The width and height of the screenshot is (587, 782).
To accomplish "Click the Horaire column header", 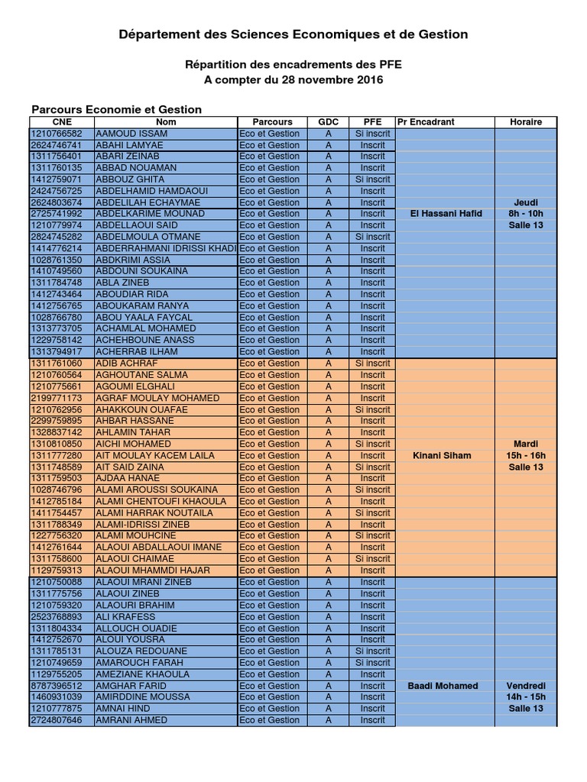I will coord(525,122).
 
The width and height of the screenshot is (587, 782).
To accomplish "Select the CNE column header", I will coord(61,122).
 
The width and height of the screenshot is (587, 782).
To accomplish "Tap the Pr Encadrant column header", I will coord(426,122).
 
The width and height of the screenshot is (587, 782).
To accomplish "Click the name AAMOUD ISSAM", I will coord(131,134).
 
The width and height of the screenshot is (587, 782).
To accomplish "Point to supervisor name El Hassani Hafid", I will coord(446,214).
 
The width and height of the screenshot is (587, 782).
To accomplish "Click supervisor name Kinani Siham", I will coord(442,456).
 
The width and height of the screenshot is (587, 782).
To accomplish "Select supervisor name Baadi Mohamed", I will coord(444,686).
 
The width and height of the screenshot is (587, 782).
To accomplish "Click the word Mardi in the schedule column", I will coord(525,444).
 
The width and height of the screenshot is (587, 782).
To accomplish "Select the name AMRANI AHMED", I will coord(131,720).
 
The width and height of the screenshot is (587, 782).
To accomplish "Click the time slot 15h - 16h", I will coord(525,456).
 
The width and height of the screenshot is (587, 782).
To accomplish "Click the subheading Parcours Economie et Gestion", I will coord(116,109).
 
